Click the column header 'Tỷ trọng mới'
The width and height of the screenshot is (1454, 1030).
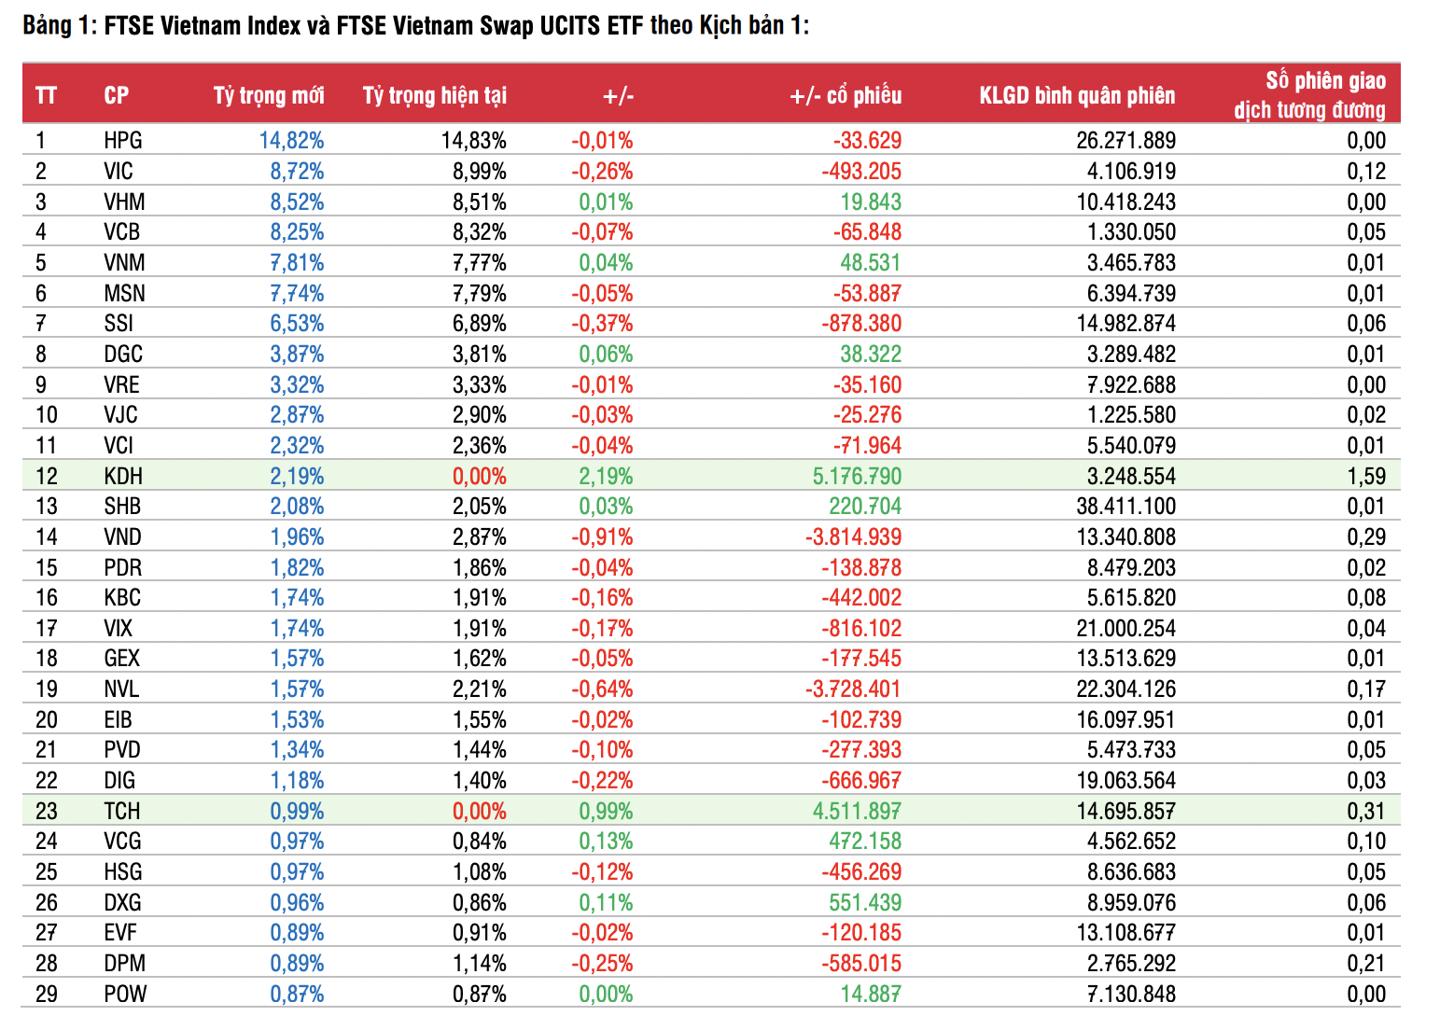pos(269,95)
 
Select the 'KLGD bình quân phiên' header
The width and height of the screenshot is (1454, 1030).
pos(1077,95)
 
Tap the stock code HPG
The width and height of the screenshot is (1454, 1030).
pos(123,141)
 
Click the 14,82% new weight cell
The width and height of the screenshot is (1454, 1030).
pos(292,141)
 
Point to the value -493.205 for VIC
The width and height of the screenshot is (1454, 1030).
pos(861,172)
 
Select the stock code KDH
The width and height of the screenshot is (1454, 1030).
pos(123,477)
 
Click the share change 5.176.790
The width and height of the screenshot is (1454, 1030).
pos(857,477)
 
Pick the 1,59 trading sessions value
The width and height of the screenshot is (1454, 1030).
pos(1366,477)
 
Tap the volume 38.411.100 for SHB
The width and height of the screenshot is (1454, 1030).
pos(1125,507)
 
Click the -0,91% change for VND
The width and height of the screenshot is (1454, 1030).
pos(602,537)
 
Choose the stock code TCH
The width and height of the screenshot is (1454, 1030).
pos(122,812)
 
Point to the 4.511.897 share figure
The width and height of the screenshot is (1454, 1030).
pos(857,812)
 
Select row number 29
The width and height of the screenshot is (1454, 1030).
pos(47,995)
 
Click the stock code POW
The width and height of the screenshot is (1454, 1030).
pos(125,995)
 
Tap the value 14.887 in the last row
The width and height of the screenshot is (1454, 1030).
pos(871,995)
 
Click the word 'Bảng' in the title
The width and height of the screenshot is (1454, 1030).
pos(47,25)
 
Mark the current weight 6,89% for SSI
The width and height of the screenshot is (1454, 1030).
pos(480,324)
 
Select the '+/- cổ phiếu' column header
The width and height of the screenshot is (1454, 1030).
pos(846,95)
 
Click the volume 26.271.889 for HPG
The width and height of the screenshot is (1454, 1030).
pos(1125,141)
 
